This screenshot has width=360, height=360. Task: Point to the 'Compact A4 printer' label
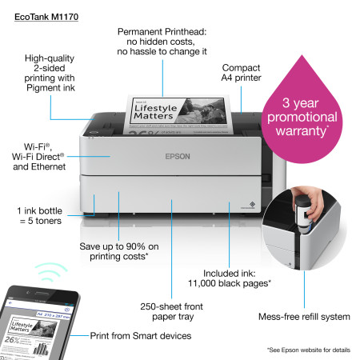pos(241,74)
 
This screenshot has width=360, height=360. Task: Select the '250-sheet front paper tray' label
pos(171,311)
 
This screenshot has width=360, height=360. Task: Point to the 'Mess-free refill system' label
pos(304,317)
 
